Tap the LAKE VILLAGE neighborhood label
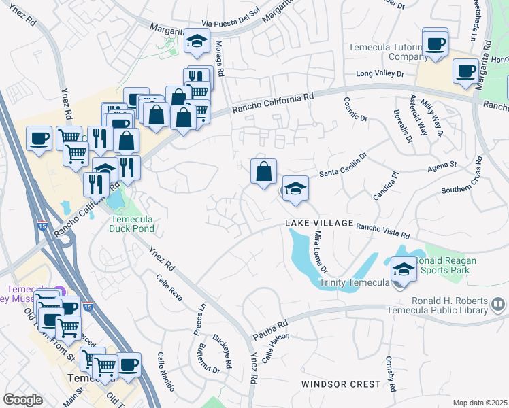[318, 223]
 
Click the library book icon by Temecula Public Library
[498, 304]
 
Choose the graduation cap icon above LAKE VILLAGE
[295, 188]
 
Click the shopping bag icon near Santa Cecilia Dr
[263, 171]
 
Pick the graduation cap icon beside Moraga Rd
[197, 41]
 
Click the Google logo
[22, 400]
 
